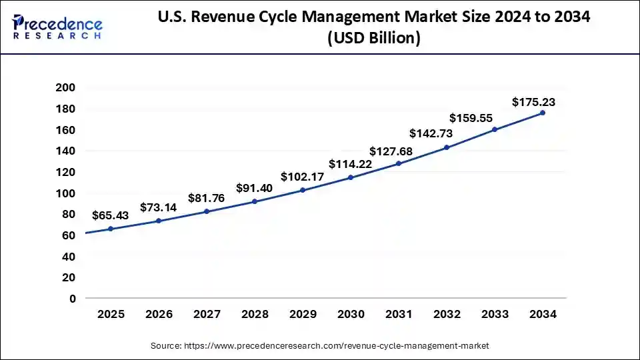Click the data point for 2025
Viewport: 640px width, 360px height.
pos(111,229)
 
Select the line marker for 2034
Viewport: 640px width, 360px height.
pos(543,113)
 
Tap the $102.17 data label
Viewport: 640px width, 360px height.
pos(302,177)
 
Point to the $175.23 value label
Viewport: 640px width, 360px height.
pos(533,102)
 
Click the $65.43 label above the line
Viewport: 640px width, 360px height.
pos(111,216)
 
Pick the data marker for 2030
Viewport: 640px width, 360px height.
pos(351,177)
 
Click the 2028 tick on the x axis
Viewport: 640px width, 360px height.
pos(255,314)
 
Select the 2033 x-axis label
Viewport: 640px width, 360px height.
pos(495,314)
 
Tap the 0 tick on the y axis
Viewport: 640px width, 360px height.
pos(71,299)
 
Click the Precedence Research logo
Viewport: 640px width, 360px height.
pos(57,27)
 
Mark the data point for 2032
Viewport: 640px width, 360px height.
pos(447,147)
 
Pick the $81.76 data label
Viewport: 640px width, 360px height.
pos(206,198)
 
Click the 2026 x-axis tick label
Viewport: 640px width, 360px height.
pos(159,314)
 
